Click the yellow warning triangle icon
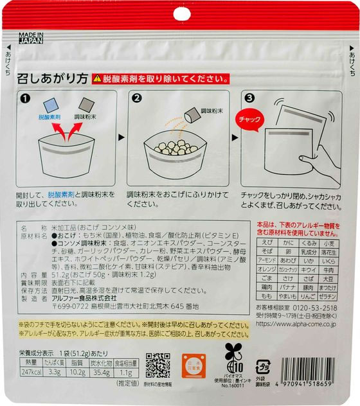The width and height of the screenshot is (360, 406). point(97,78)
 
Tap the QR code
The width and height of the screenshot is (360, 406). point(157,365)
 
